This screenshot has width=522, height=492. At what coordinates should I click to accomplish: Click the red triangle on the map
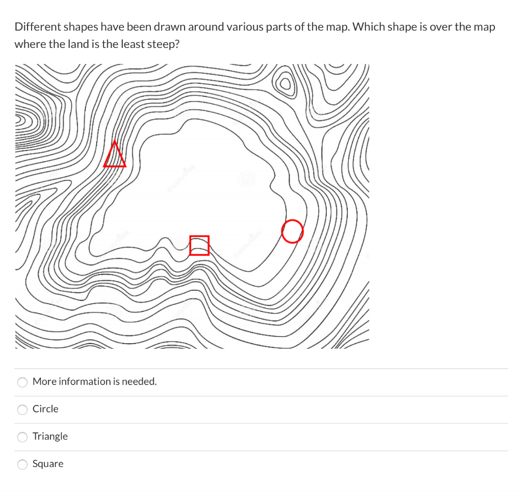[x=115, y=156]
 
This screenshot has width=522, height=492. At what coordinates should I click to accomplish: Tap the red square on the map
[x=199, y=245]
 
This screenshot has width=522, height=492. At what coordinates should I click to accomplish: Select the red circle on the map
[x=293, y=232]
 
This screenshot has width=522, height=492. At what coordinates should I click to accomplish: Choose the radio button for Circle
[x=22, y=409]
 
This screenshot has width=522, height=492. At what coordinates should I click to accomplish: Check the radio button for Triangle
[x=22, y=437]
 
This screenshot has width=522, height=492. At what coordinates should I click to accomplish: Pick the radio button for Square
[x=22, y=464]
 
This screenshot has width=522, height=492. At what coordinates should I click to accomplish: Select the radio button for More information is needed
[x=22, y=382]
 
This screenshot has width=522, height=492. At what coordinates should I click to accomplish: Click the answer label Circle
[x=45, y=409]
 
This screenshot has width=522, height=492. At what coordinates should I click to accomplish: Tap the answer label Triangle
[x=50, y=436]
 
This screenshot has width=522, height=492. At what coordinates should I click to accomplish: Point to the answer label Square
[x=48, y=464]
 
